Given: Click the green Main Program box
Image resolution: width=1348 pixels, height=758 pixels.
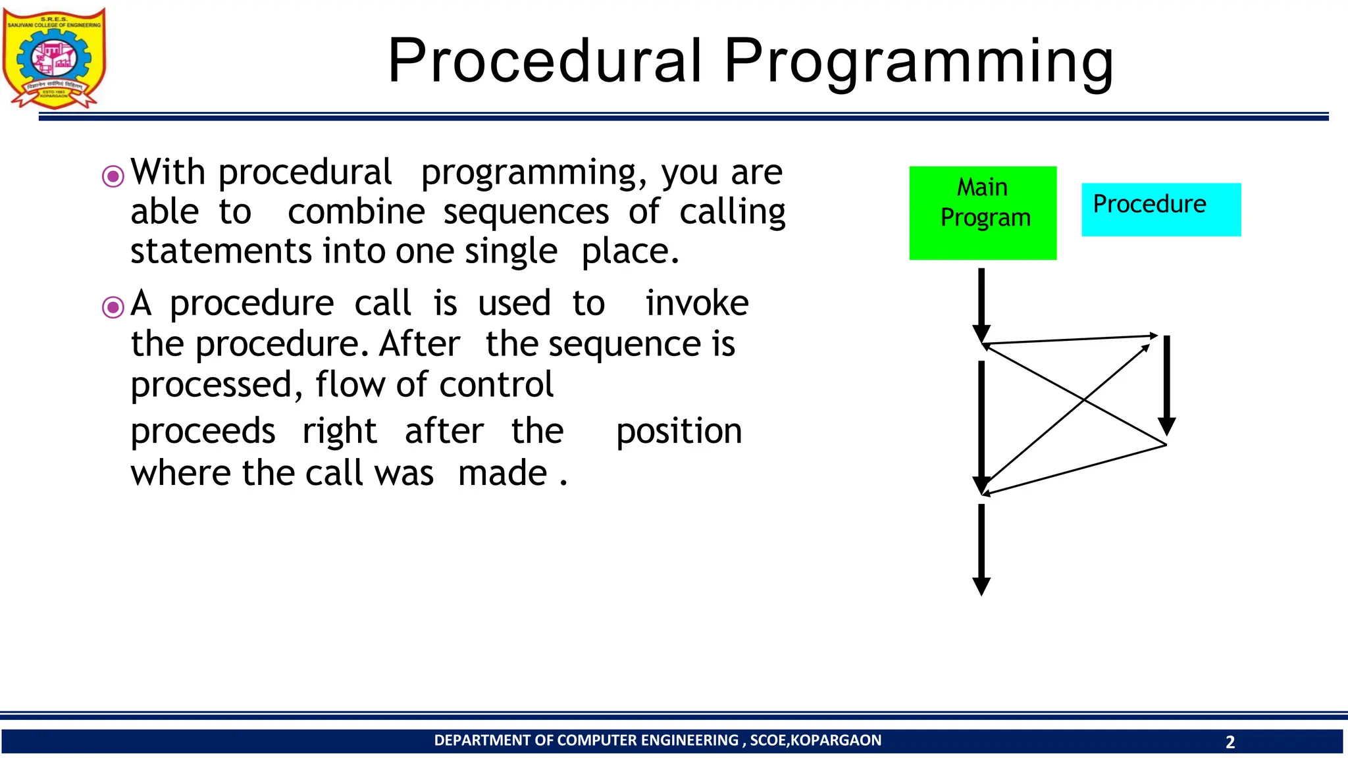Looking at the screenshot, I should pyautogui.click(x=983, y=213).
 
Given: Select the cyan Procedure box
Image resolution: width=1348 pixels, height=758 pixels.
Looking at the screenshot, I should pyautogui.click(x=1161, y=209).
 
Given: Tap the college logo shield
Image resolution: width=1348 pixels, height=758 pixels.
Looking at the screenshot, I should pyautogui.click(x=54, y=58).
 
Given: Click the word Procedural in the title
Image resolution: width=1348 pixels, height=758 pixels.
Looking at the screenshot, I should pyautogui.click(x=545, y=61).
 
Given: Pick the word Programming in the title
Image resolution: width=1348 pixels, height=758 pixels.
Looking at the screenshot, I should pyautogui.click(x=918, y=61).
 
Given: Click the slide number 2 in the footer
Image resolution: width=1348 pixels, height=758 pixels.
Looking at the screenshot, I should pyautogui.click(x=1230, y=742).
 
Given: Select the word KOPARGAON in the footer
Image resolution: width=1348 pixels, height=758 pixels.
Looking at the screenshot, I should pyautogui.click(x=835, y=740).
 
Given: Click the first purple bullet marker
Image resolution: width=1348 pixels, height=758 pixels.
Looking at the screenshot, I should pyautogui.click(x=113, y=176).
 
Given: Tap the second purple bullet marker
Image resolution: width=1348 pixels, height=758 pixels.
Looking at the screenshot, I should pyautogui.click(x=113, y=307).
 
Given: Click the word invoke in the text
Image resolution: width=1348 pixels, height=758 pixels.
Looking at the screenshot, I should pyautogui.click(x=696, y=303).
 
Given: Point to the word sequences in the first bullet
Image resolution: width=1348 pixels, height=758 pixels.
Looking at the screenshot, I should pyautogui.click(x=526, y=213).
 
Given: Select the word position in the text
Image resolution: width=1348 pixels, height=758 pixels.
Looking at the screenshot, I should pyautogui.click(x=679, y=432).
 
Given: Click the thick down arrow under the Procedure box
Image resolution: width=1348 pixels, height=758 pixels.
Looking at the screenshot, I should pyautogui.click(x=1166, y=385).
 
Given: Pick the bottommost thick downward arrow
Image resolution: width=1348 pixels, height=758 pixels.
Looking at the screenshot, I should pyautogui.click(x=981, y=549).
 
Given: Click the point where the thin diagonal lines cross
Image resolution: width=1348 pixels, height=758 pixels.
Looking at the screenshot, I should pyautogui.click(x=1084, y=399).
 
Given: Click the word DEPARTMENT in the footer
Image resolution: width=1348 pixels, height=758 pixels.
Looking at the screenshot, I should pyautogui.click(x=482, y=740).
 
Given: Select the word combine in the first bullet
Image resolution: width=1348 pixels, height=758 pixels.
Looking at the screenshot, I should pyautogui.click(x=356, y=213).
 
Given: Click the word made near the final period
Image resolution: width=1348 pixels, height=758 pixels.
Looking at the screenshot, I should pyautogui.click(x=502, y=473).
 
